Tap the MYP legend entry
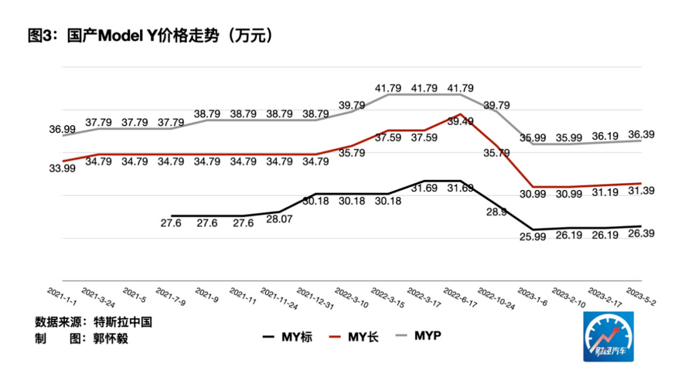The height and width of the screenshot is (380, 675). [x=419, y=336]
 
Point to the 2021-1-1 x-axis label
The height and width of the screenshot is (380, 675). [x=62, y=297]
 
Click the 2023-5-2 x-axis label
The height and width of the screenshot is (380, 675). [x=640, y=297]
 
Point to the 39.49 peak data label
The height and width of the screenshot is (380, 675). [x=460, y=122]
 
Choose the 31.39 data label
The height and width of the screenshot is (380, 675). [x=641, y=191]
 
